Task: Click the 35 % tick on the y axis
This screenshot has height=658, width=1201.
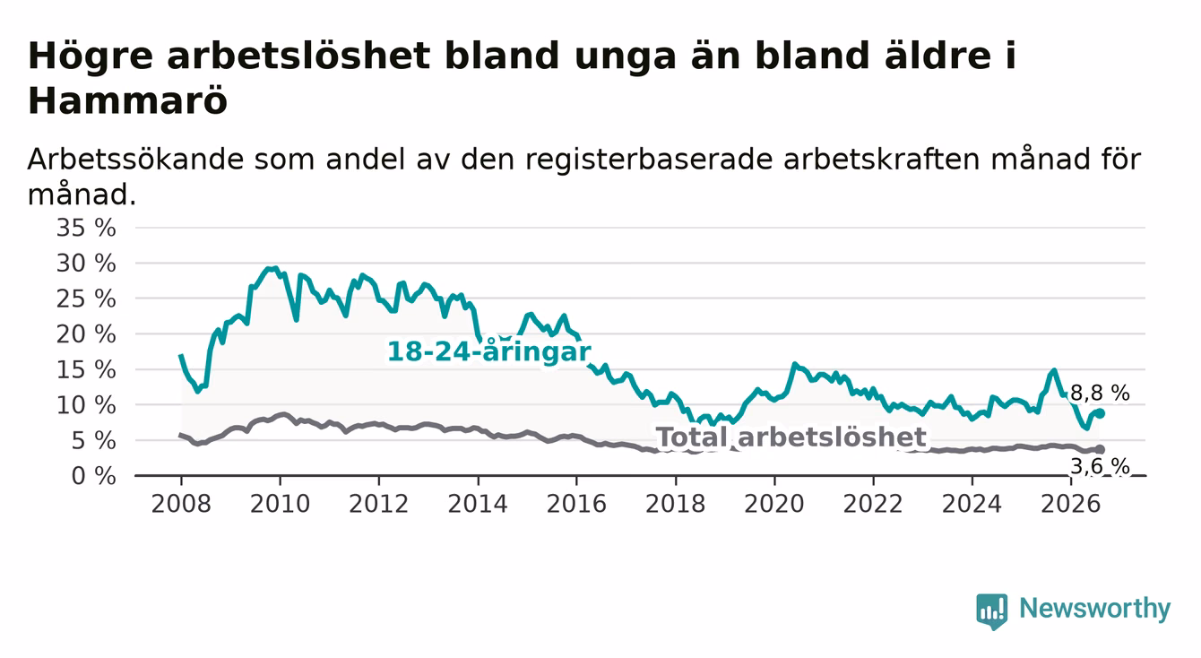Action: [86, 228]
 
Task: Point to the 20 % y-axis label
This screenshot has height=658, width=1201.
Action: [86, 334]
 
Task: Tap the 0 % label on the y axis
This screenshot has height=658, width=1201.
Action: [93, 476]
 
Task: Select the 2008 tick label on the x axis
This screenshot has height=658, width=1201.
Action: [181, 504]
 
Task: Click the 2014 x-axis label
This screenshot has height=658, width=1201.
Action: [478, 504]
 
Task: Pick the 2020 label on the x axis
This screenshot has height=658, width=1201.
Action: [774, 504]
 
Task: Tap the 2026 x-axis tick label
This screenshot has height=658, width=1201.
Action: [1071, 504]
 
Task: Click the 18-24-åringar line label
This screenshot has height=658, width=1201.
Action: [489, 351]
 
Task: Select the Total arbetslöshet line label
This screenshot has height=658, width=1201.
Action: [791, 437]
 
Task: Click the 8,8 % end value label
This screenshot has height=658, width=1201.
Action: [1100, 394]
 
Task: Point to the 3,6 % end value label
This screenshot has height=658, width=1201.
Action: [1100, 466]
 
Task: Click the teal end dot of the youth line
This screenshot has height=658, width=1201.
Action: [1100, 413]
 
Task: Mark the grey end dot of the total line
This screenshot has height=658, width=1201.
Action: [1100, 449]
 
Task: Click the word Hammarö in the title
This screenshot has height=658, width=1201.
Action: [127, 100]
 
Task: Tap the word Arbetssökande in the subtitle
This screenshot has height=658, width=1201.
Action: [135, 160]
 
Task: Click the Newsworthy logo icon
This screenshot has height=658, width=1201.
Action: [992, 611]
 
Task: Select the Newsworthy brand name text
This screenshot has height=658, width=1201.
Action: [1095, 609]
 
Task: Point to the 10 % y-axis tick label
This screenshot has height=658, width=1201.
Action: [86, 405]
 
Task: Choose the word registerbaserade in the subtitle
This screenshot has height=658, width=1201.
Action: [649, 160]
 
